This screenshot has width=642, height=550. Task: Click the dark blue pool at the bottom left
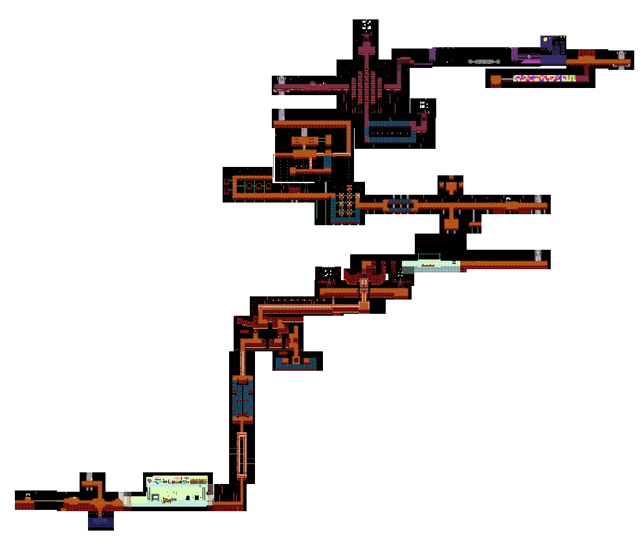(x=101, y=522)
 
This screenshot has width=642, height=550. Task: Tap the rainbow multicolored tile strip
(x=544, y=78)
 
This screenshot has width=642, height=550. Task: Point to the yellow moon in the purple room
(x=546, y=39)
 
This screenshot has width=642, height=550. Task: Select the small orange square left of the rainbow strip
(x=496, y=80)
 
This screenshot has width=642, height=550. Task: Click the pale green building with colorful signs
(x=178, y=490)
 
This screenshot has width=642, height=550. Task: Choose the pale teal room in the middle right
(x=431, y=267)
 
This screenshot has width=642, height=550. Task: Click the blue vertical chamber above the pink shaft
(x=243, y=399)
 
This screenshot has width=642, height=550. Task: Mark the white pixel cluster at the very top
(x=367, y=24)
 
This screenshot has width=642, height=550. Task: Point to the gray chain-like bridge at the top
(x=484, y=61)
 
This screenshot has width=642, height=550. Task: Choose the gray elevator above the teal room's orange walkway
(x=538, y=254)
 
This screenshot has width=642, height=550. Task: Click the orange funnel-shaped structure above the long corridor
(x=451, y=186)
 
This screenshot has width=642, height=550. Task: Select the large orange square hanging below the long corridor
(x=451, y=224)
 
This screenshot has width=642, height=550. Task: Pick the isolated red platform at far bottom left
(x=25, y=505)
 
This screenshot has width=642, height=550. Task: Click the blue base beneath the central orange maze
(x=296, y=365)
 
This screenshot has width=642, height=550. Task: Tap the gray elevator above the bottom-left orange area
(x=89, y=476)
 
